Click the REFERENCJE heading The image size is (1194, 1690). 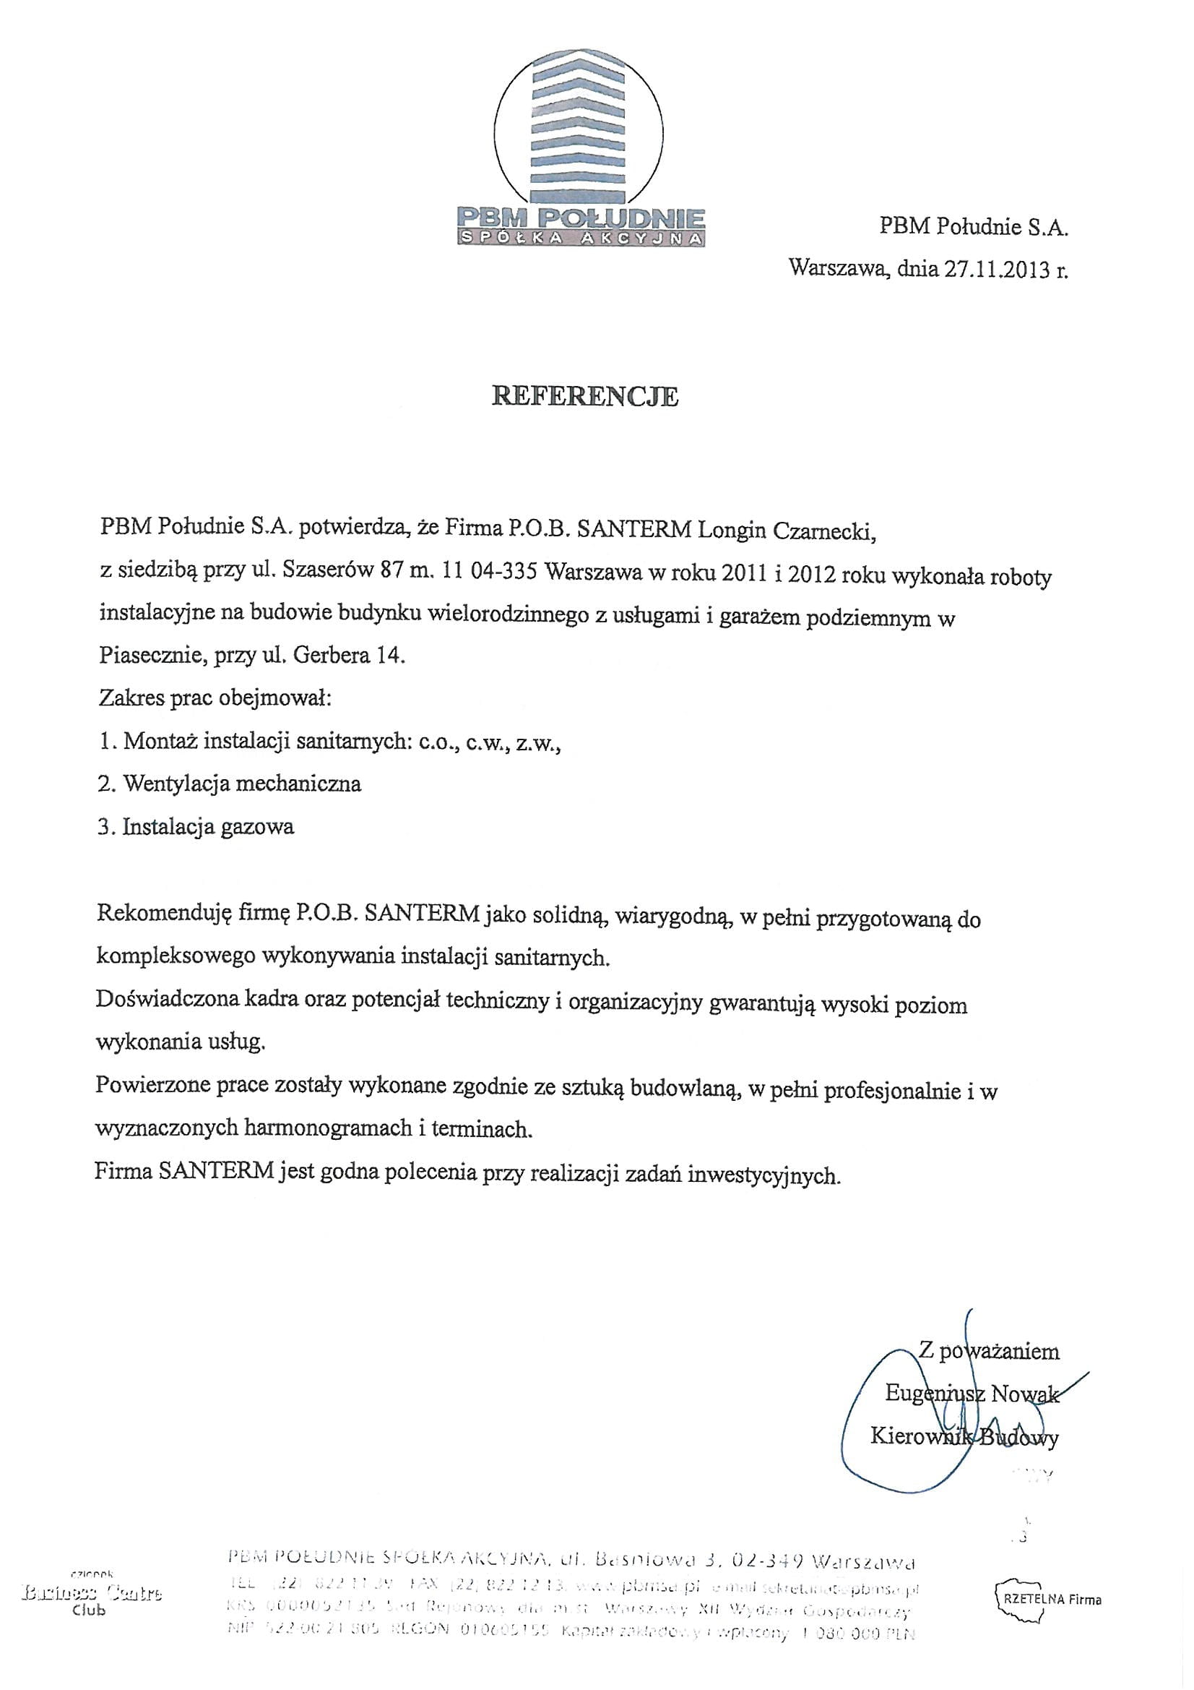(x=585, y=397)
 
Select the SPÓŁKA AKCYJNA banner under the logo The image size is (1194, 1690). (x=581, y=238)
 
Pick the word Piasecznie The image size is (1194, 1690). (x=150, y=655)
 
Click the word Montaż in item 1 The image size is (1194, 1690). (x=160, y=740)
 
